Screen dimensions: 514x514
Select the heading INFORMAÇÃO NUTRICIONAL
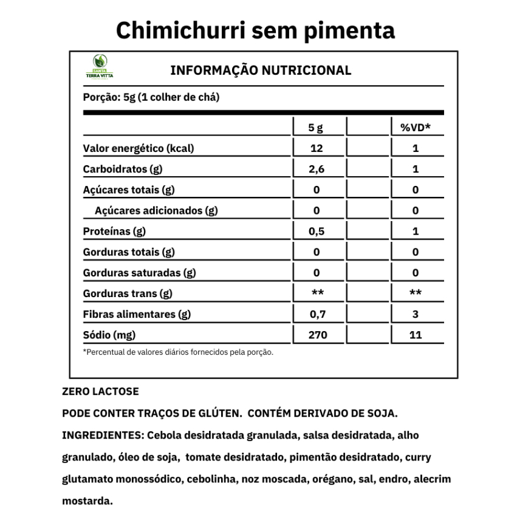click(261, 70)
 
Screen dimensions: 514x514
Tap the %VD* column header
click(415, 128)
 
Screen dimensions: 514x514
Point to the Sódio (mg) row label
click(109, 335)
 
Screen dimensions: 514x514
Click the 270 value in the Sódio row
click(317, 335)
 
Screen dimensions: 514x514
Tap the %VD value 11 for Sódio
click(415, 335)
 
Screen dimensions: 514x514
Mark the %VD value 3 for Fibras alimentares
click(415, 314)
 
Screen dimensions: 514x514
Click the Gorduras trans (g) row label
click(128, 293)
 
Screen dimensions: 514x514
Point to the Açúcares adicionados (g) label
click(156, 211)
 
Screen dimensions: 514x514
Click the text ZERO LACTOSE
click(101, 392)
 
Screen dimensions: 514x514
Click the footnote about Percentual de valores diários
click(178, 352)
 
